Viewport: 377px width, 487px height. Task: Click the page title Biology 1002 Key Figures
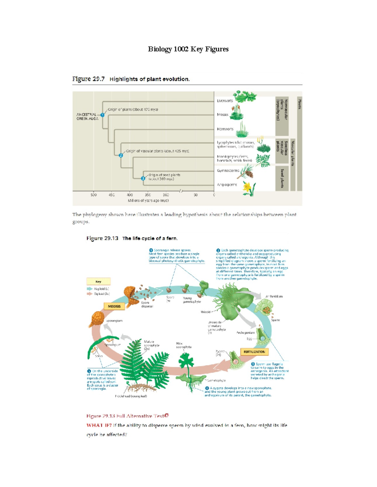coord(188,49)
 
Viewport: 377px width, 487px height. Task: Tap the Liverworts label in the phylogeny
coord(225,101)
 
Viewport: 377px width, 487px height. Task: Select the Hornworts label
coord(225,129)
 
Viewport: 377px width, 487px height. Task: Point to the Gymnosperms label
coord(228,171)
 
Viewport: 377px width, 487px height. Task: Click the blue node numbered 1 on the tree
coord(102,115)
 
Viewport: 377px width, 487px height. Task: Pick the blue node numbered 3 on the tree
coord(143,178)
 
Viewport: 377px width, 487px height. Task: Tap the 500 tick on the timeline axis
coord(94,195)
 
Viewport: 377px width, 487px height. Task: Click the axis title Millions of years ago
coord(148,201)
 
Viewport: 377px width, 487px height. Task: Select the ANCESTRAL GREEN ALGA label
coord(87,117)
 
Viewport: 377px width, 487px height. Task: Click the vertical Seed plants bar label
coord(282,178)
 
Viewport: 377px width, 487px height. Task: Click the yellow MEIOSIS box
coord(114,306)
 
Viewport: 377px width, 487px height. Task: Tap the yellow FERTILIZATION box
coord(254,352)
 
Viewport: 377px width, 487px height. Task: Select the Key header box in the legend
coord(98,282)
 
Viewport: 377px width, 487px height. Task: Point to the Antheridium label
coord(274,296)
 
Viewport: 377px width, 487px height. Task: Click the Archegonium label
coord(245,332)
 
